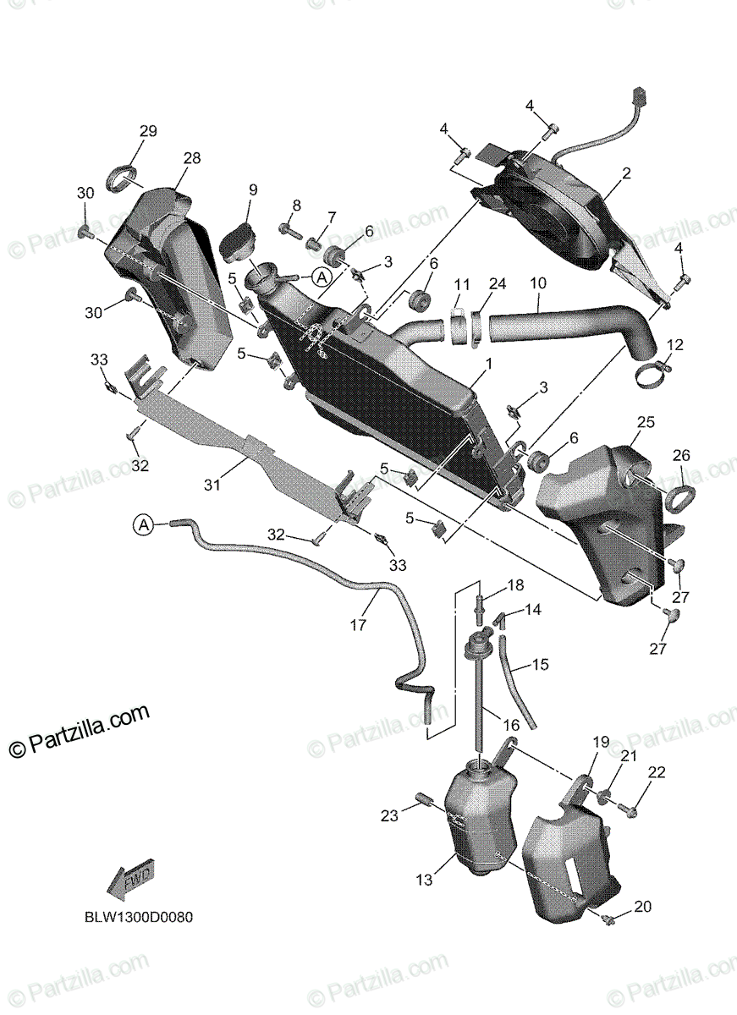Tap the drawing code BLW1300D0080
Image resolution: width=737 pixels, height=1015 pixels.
[138, 917]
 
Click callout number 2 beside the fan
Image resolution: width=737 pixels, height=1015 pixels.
[626, 174]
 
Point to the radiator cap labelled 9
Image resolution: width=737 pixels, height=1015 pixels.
[239, 239]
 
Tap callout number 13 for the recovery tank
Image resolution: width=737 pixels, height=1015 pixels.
[424, 881]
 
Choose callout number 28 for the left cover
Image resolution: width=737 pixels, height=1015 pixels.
[191, 158]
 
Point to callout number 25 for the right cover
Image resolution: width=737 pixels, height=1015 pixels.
[646, 421]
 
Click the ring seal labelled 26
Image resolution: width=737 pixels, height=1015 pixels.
[681, 497]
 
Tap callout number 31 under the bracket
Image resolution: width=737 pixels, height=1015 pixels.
[212, 485]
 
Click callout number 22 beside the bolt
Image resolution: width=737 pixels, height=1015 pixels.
[657, 772]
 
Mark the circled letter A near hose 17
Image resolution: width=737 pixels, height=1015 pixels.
[143, 525]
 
